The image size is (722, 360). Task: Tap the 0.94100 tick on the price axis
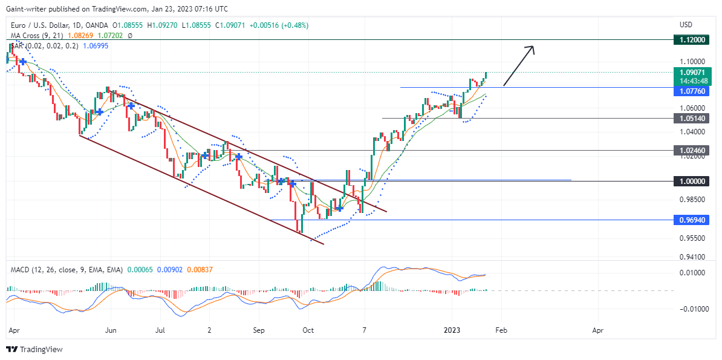point(692,257)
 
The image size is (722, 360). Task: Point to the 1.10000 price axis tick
point(692,61)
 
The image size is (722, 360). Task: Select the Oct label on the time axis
point(308,330)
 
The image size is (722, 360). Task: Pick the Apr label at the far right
point(597,330)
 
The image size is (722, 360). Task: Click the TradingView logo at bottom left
point(34,349)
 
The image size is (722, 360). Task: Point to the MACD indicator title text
point(67,269)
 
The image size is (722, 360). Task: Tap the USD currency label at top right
point(686,24)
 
